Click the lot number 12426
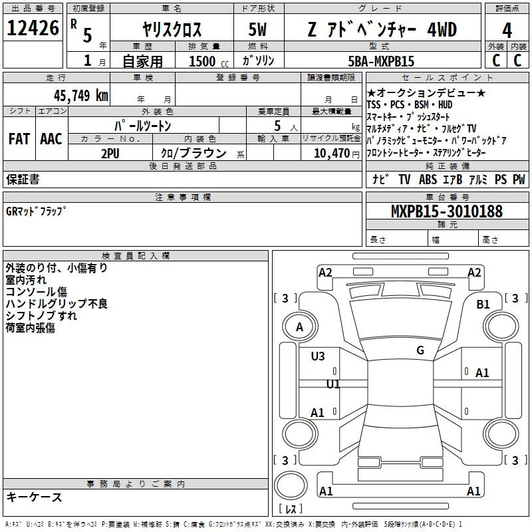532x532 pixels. [33, 28]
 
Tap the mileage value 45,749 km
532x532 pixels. [80, 96]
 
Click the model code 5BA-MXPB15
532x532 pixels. [381, 61]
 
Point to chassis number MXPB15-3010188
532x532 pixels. [446, 211]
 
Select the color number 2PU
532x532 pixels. [110, 154]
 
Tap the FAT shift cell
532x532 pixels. [19, 139]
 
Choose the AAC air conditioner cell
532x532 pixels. [51, 139]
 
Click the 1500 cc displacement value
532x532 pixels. [209, 61]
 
